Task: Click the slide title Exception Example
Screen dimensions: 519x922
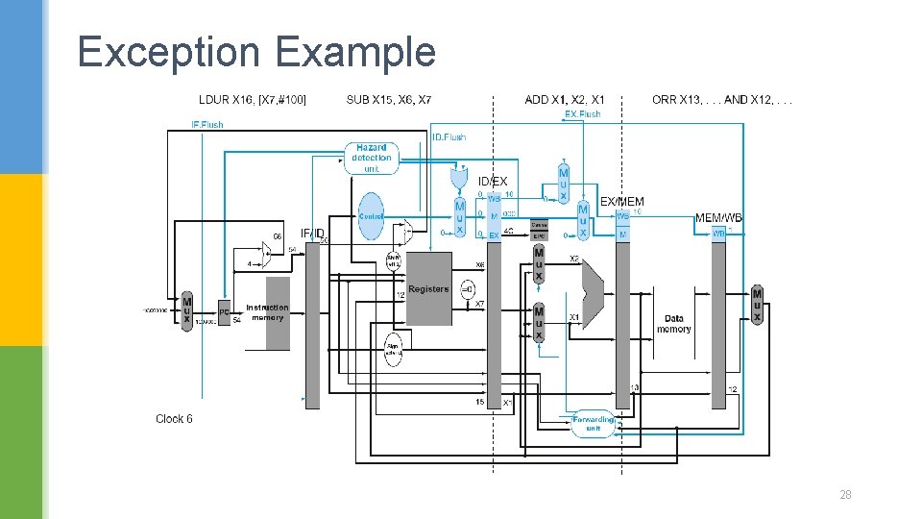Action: point(256,52)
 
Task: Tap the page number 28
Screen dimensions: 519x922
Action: point(845,495)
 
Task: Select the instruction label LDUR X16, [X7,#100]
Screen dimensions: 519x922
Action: point(252,100)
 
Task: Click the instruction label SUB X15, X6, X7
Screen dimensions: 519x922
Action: point(388,100)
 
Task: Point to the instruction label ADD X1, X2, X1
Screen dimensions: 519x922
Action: point(565,100)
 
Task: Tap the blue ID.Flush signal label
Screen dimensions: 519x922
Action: point(449,137)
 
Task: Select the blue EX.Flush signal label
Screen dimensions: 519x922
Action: point(582,114)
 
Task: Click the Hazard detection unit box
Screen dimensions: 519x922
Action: point(371,159)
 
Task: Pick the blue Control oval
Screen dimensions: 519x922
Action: point(371,216)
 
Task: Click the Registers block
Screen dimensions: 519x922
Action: point(428,288)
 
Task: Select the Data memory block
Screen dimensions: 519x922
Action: point(674,323)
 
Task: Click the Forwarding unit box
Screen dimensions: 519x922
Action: point(593,424)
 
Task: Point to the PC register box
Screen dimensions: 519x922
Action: point(223,312)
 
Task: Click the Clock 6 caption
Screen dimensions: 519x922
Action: point(174,419)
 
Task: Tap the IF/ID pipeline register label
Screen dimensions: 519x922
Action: point(312,233)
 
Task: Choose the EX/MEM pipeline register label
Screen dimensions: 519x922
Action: point(622,202)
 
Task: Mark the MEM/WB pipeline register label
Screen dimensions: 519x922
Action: point(718,218)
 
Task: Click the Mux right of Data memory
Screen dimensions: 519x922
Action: point(757,306)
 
